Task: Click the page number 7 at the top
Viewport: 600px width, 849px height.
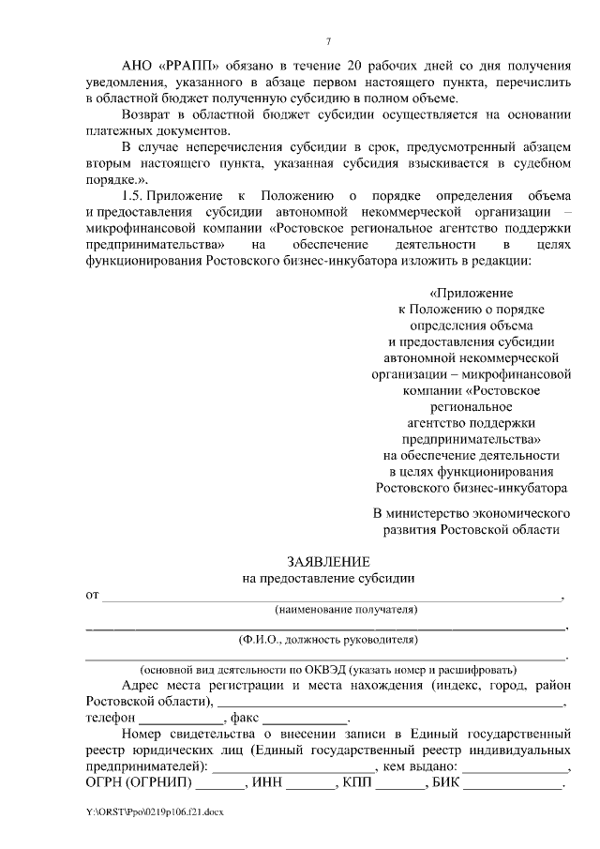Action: pos(328,41)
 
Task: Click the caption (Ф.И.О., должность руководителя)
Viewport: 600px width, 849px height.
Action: pos(327,640)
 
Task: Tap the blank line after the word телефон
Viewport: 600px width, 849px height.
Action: pos(171,718)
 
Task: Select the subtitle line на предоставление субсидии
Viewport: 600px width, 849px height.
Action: pos(328,579)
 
